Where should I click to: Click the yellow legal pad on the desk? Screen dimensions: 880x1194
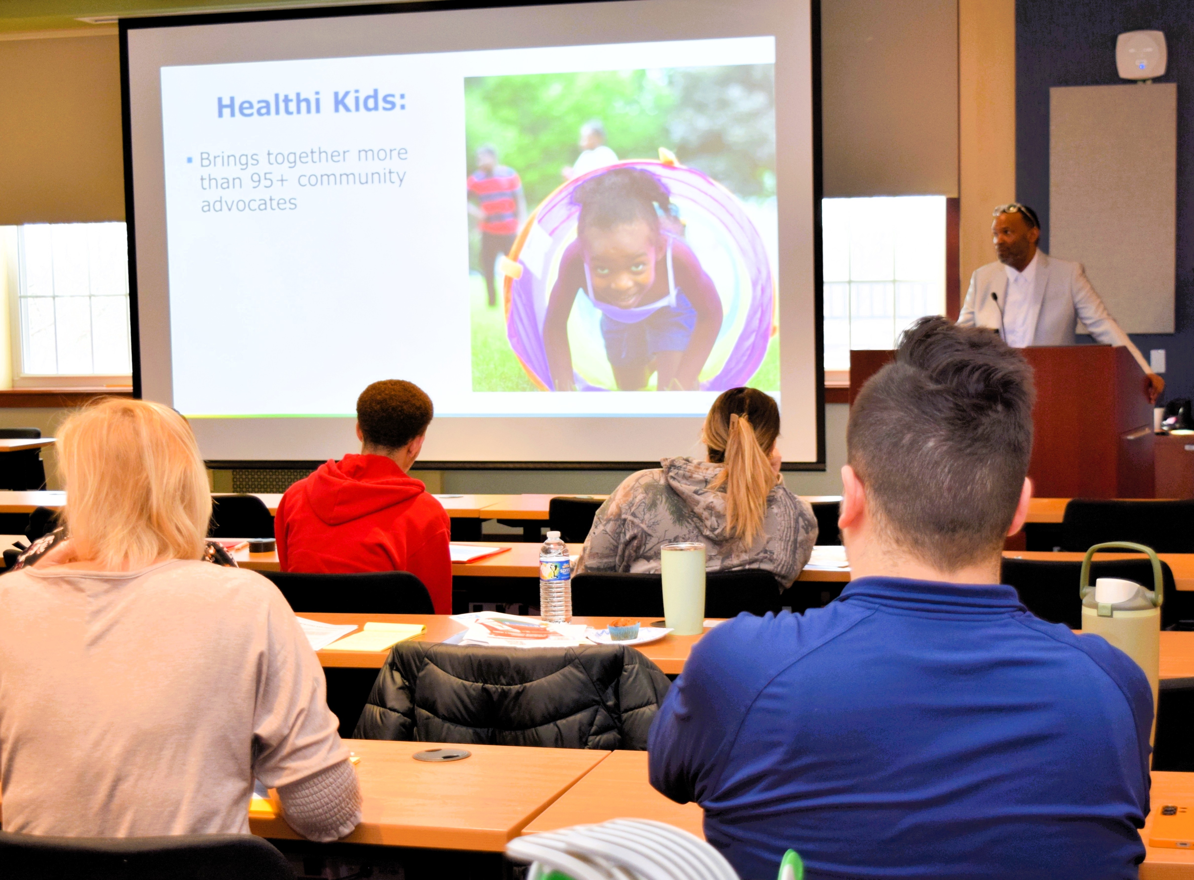click(x=374, y=635)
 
